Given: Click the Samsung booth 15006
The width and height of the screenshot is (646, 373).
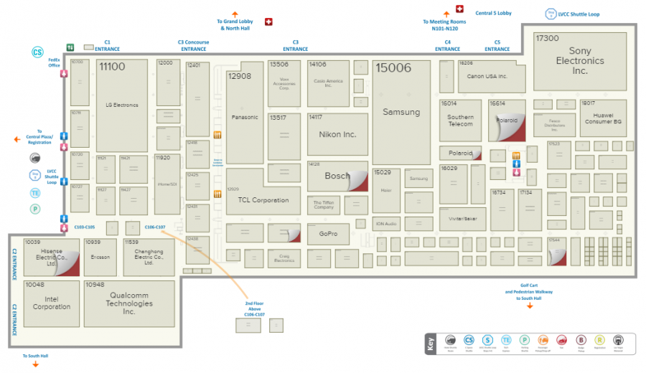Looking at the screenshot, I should coord(401,113).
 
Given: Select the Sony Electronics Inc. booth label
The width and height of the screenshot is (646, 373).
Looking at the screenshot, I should coord(580,61).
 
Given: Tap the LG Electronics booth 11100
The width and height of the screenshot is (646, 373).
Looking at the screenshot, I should coord(121,105).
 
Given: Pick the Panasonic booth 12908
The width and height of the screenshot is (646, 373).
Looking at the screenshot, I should coord(245,117).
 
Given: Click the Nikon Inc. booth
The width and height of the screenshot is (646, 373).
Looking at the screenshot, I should coord(337,134).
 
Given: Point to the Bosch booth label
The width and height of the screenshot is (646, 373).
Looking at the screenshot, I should coord(337,176).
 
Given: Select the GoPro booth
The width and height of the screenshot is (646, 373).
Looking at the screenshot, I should coord(323,235).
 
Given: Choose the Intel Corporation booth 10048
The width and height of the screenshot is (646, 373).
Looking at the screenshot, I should coord(52,303).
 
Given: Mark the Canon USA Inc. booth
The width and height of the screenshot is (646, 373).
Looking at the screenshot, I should coord(487,76).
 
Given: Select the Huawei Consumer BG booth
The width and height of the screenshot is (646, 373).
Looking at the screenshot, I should coord(603,118).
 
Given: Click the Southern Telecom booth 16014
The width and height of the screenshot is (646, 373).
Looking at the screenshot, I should coord(460,121).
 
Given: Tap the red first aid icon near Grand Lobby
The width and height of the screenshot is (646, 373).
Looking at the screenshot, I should coord(269,22).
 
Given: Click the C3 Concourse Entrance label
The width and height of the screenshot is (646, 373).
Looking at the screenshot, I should coord(194,45).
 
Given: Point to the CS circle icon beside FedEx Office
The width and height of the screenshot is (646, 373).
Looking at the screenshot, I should coord(37,52).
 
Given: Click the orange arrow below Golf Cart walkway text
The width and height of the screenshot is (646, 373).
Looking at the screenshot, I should coord(530,306).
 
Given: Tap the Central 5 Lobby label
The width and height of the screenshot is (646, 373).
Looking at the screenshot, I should coord(493,13).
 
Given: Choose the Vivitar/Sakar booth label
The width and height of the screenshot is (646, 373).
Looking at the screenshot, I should coord(463,218).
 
